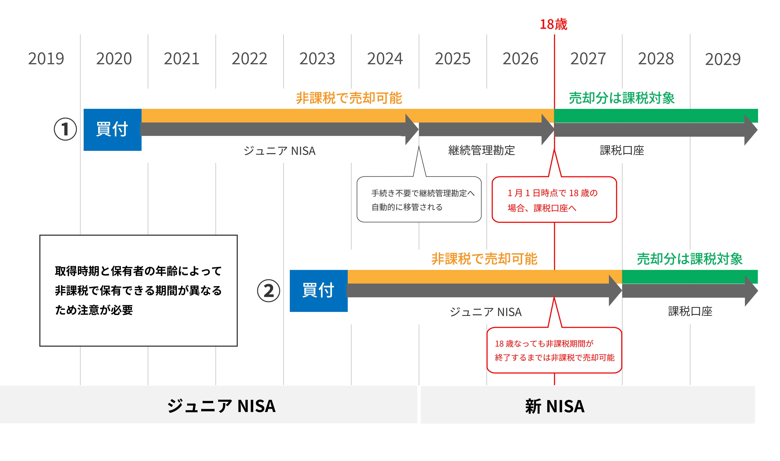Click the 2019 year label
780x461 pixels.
(46, 59)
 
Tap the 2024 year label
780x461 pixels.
(385, 59)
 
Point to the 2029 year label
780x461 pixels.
(723, 59)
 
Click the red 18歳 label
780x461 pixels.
(553, 24)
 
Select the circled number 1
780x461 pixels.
(65, 129)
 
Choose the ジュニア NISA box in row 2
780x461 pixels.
(485, 312)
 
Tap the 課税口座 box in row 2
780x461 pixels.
(690, 311)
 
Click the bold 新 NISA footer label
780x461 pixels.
(555, 406)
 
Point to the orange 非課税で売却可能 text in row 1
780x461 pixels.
(349, 98)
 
